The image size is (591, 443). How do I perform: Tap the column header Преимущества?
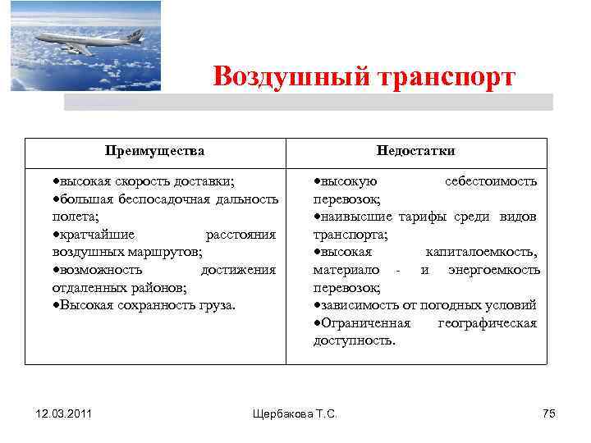[x=155, y=151]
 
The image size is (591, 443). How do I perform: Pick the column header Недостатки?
[x=415, y=151]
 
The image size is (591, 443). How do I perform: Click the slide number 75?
[x=549, y=413]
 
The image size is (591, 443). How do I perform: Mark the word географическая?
[x=488, y=323]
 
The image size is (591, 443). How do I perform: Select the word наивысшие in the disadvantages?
[x=358, y=217]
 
